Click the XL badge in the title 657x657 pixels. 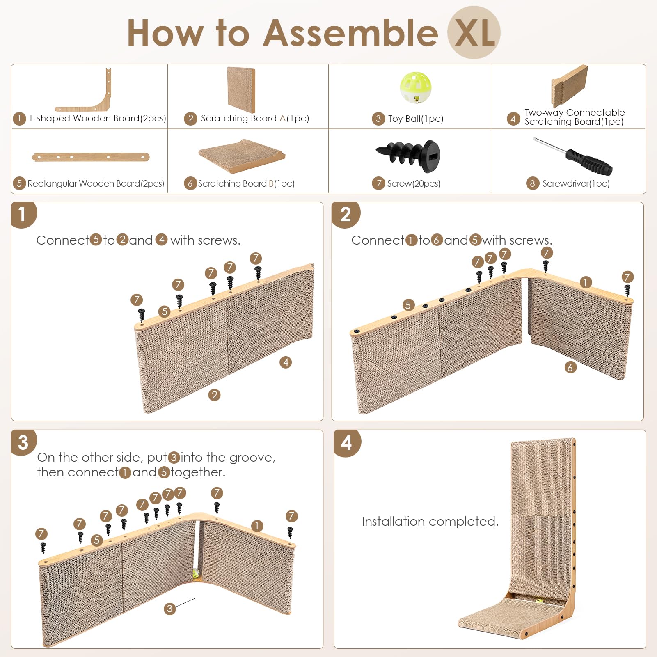[474, 33]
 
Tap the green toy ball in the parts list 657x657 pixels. [415, 87]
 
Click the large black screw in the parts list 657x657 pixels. [408, 155]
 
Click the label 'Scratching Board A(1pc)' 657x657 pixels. [254, 119]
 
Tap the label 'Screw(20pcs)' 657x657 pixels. [413, 183]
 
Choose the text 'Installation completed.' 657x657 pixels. [430, 521]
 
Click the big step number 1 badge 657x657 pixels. [23, 214]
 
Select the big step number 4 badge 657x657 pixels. [346, 443]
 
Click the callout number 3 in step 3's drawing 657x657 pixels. [169, 609]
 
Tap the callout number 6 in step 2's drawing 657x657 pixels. [570, 367]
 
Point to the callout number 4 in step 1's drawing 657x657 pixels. [286, 362]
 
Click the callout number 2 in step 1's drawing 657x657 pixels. [214, 395]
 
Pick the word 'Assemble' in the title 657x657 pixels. [350, 33]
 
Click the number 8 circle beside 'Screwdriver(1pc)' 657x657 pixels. [532, 183]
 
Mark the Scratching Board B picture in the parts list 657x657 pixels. [241, 156]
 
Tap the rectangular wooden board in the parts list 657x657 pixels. [91, 157]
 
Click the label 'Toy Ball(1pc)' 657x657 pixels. [415, 119]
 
